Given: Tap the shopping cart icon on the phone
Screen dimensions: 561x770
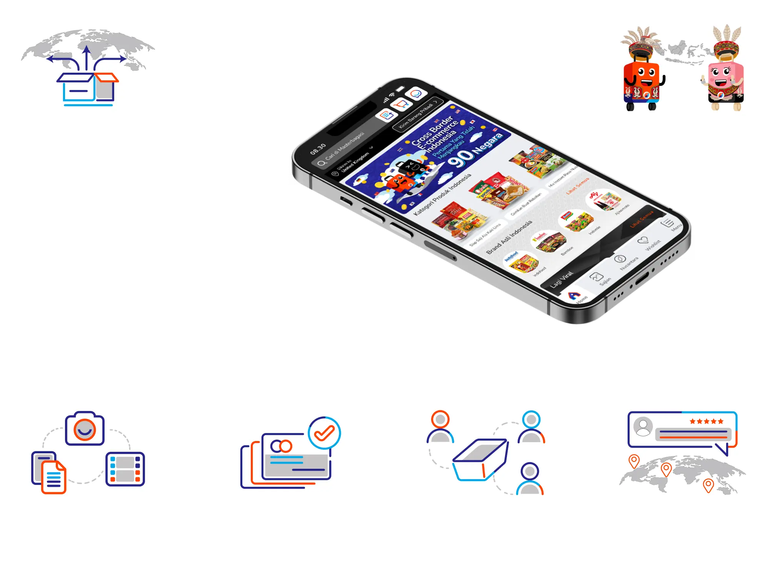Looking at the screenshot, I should coord(400,104).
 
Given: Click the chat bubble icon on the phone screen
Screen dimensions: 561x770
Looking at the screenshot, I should coord(417,93).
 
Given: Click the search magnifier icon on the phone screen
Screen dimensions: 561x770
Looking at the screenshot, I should coord(321,164).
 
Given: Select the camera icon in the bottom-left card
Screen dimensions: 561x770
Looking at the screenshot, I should coord(85,429).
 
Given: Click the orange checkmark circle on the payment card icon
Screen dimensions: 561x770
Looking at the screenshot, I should coord(324,433).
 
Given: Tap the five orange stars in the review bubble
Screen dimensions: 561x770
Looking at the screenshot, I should coord(707,421).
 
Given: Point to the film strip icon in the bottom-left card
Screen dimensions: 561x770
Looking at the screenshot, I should coord(125,469).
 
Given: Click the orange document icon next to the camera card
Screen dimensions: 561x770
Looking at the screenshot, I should coord(54,477).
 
